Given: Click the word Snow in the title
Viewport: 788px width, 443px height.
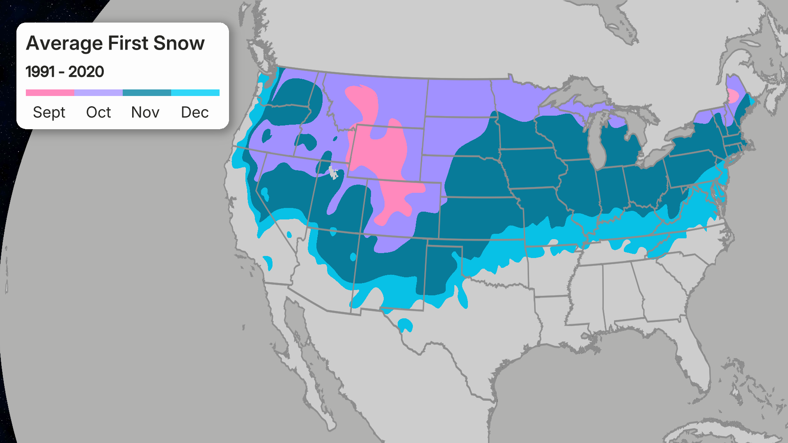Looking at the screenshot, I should (x=179, y=43).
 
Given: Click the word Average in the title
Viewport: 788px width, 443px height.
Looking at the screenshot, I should (x=64, y=43).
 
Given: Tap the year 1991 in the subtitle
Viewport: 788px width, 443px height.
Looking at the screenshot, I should (x=40, y=72).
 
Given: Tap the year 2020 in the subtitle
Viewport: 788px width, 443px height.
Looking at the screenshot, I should (x=86, y=72).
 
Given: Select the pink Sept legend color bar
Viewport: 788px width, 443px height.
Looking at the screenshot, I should (x=50, y=93).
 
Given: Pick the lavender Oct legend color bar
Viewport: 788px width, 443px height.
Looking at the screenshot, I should (x=98, y=93).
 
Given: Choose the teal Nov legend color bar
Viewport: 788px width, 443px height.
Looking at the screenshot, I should (x=147, y=93).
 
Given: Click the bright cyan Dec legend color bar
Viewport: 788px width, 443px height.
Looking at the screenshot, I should (x=195, y=93).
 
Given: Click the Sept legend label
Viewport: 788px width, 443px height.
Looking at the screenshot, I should (x=49, y=112).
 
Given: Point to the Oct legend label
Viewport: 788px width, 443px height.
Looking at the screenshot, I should (x=98, y=112).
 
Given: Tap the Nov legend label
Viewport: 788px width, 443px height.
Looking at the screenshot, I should (x=145, y=112).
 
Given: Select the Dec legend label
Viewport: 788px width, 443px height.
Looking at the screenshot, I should (x=195, y=112).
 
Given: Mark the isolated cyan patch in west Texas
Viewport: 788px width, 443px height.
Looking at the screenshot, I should (x=405, y=325).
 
